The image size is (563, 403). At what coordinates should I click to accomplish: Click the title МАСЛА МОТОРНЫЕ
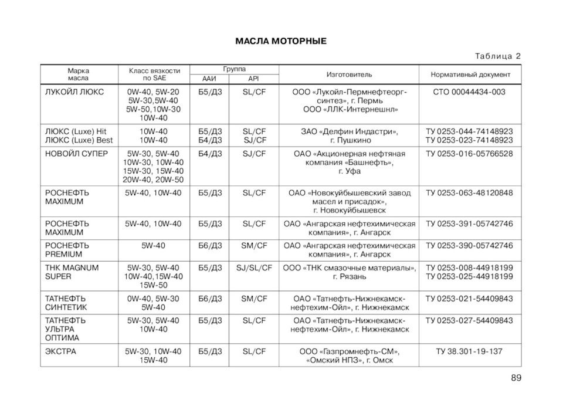280,41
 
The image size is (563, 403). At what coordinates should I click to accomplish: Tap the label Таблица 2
497,56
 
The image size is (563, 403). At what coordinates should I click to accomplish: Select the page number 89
515,377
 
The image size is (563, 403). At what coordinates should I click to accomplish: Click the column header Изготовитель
349,74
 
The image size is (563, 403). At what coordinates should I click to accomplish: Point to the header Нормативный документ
470,74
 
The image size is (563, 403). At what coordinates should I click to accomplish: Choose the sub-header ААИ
209,79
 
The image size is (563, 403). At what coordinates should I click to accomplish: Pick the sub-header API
253,79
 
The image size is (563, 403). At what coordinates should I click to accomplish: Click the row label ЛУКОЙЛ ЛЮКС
74,92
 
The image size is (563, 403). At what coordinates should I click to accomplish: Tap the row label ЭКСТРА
61,351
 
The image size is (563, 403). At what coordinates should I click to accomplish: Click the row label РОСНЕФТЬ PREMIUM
67,250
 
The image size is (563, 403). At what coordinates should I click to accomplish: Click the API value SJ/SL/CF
254,267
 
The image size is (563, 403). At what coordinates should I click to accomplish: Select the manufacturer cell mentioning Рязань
349,272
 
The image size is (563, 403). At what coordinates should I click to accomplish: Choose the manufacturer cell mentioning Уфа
349,162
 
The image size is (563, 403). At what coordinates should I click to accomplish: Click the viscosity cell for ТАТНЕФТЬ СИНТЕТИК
153,303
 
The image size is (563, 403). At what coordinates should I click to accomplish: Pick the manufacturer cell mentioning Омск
349,356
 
